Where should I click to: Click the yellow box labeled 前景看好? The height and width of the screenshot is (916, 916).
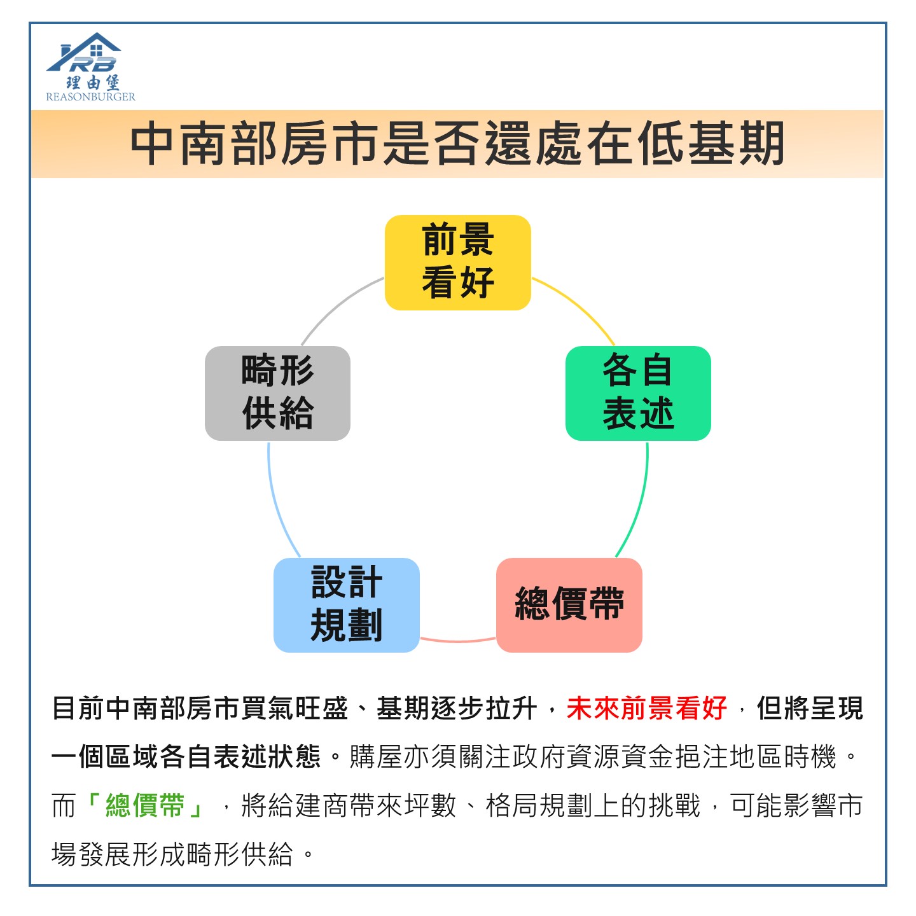[457, 262]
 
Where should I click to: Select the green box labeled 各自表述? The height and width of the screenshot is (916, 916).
[638, 393]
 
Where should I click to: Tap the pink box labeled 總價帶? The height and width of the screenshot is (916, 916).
[569, 605]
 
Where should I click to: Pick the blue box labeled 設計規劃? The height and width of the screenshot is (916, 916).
[346, 605]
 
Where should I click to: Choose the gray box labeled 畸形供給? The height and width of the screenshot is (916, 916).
[277, 393]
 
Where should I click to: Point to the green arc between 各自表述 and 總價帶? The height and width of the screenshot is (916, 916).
[639, 503]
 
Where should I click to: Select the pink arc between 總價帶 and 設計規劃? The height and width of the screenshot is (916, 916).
[458, 641]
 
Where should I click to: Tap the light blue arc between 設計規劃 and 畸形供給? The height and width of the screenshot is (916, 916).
[277, 503]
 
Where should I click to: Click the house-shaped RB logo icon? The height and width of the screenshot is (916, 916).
[84, 52]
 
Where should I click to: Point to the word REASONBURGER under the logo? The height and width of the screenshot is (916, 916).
[90, 97]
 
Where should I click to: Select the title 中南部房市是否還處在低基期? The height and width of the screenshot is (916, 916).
[457, 143]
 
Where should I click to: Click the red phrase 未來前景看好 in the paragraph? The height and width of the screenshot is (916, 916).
[646, 708]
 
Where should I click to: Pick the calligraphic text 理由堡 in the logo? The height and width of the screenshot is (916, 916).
[92, 82]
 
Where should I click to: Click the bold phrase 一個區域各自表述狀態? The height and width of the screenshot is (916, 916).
[186, 756]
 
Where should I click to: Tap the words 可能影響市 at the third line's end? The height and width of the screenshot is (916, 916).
[796, 805]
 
